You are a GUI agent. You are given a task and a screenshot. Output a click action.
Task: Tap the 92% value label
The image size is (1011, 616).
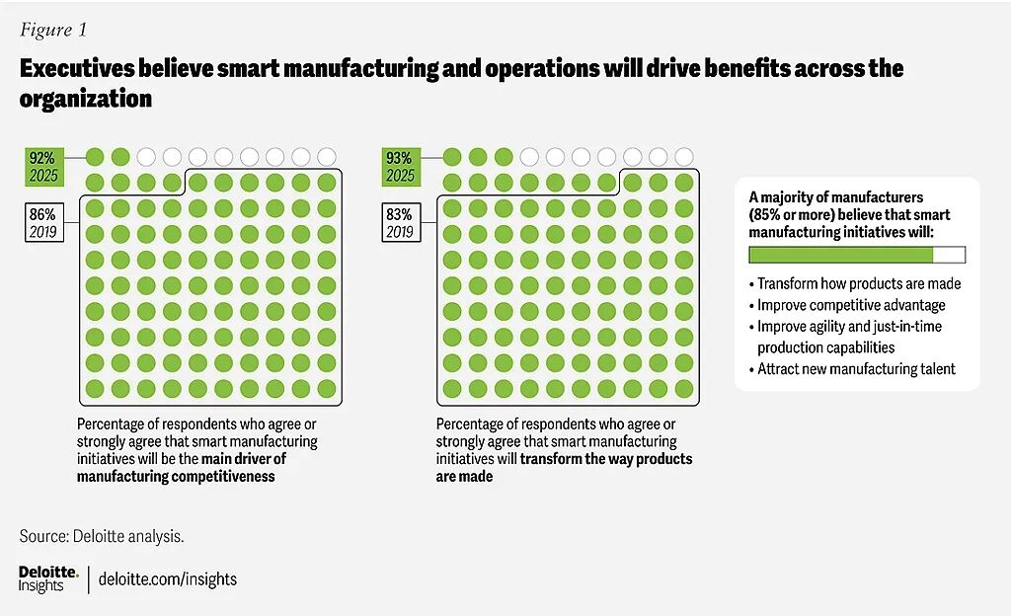(41, 156)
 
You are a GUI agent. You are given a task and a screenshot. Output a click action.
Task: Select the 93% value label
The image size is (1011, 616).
(400, 156)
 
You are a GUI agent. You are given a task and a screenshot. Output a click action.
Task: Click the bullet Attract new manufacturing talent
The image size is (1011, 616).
(855, 369)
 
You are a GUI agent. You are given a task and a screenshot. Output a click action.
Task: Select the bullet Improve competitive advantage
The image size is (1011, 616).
(850, 305)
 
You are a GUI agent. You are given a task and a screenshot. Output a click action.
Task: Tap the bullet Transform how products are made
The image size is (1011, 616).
(858, 283)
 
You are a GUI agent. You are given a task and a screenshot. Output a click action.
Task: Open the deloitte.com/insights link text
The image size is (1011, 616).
(168, 579)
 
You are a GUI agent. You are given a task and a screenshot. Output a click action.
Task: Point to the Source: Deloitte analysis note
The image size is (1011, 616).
(102, 537)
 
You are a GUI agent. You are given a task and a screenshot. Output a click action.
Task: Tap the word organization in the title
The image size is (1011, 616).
(85, 100)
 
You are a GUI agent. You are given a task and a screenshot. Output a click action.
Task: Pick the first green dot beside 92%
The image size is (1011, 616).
(95, 156)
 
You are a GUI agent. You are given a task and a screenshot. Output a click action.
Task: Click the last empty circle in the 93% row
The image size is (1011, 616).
(683, 156)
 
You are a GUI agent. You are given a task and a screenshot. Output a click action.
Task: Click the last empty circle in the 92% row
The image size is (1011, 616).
(327, 156)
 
